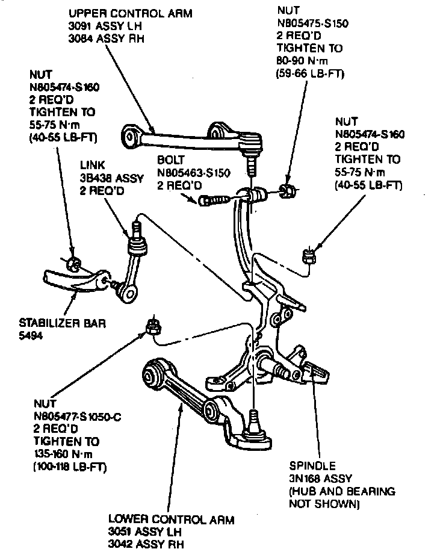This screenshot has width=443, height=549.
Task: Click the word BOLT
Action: [171, 161]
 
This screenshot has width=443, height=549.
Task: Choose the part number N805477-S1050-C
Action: [78, 415]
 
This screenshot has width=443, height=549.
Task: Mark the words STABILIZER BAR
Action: [63, 323]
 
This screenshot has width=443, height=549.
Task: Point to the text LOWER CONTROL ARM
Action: [171, 520]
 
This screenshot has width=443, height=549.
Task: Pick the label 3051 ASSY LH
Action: [146, 532]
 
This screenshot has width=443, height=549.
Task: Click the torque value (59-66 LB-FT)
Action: [311, 74]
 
